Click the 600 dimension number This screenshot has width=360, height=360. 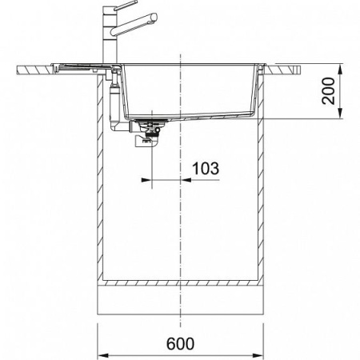coord(180,344)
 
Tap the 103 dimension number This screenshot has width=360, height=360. coord(206,169)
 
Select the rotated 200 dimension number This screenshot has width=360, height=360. coord(328,91)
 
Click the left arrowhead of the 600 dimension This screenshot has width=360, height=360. coord(103,355)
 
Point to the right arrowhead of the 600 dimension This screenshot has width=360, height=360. coord(258,355)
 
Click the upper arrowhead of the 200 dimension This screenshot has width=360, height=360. coord(340,70)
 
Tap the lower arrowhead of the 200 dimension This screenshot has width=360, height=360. coord(340,113)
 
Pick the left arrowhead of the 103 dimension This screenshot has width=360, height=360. coord(146,180)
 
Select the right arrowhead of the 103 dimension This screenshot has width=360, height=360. coord(186,180)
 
